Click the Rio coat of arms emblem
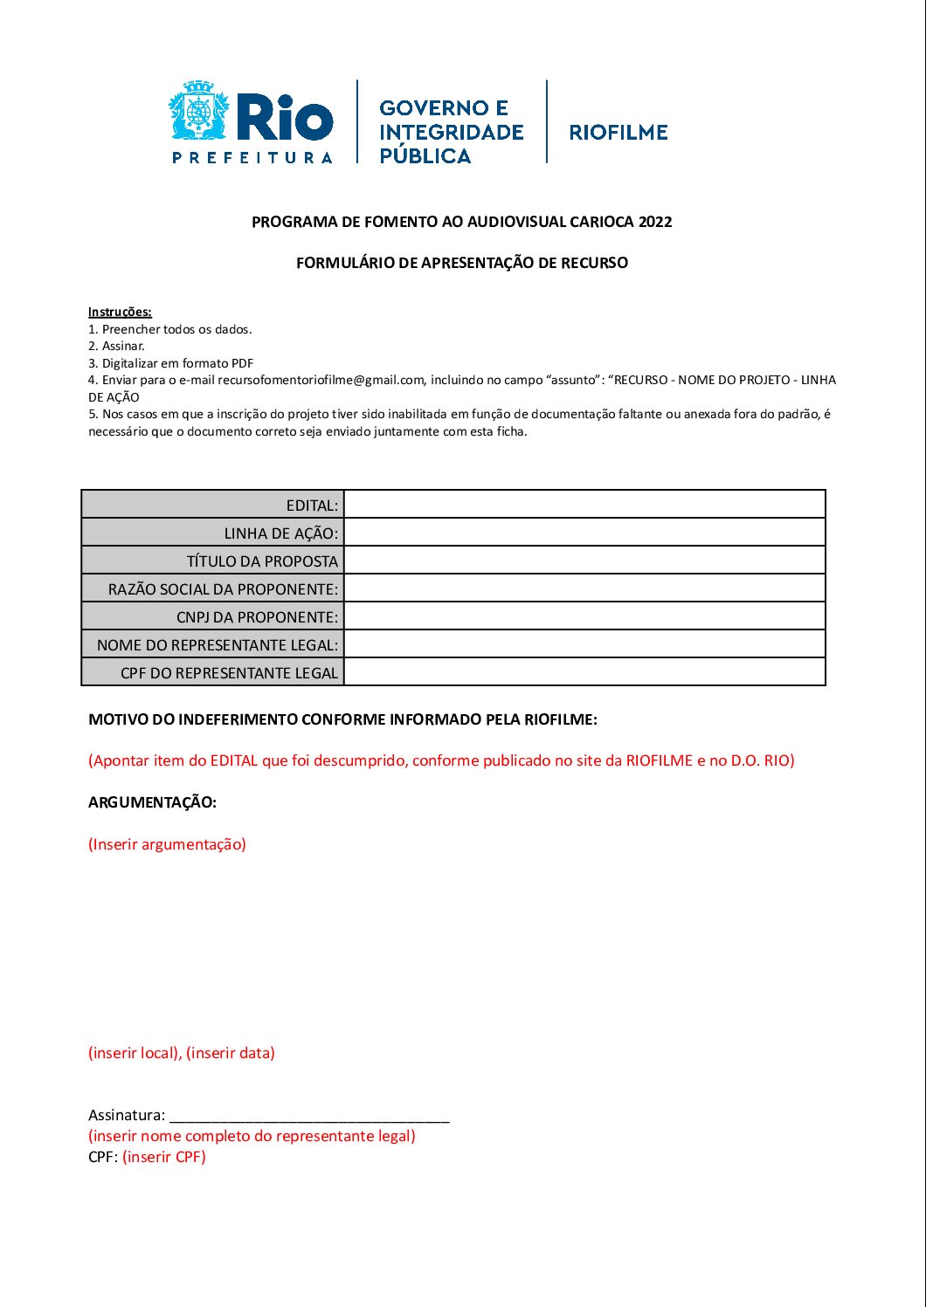tap(198, 112)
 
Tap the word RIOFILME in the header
tap(618, 133)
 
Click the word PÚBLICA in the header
tap(425, 156)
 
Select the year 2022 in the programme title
tap(655, 222)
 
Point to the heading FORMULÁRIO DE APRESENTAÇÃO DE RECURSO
tap(461, 263)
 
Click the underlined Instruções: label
tap(120, 312)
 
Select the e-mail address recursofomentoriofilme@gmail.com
tap(321, 380)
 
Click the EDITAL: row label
tap(312, 506)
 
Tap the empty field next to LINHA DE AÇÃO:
tap(584, 533)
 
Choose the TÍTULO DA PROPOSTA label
tap(262, 561)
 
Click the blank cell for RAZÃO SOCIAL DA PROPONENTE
tap(584, 588)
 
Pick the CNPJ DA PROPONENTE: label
tap(257, 617)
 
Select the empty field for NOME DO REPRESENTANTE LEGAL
tap(584, 644)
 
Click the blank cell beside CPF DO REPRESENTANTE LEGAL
tap(584, 672)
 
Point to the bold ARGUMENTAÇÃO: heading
tap(152, 802)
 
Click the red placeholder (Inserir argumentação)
tap(167, 844)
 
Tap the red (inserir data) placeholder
tap(231, 1053)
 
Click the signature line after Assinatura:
tap(309, 1116)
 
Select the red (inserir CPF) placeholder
tap(164, 1157)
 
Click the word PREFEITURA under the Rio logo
tap(252, 158)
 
